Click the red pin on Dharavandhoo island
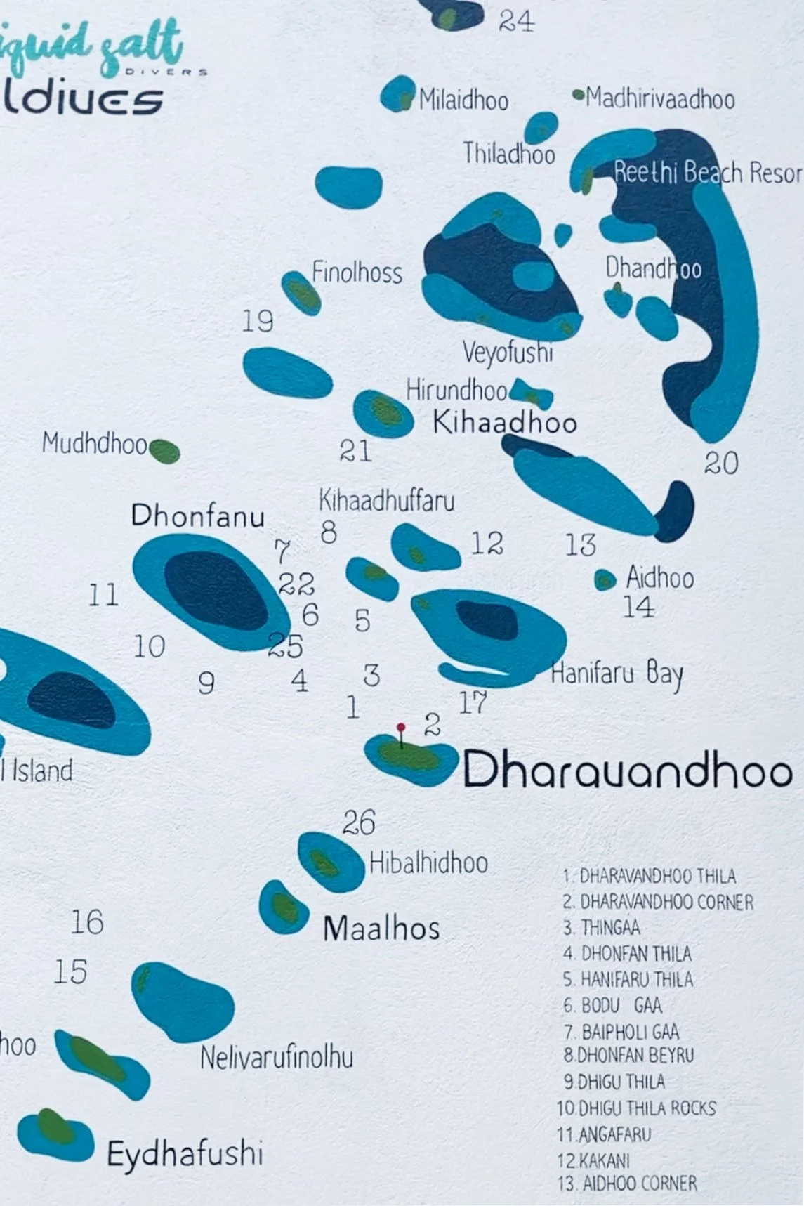(x=400, y=728)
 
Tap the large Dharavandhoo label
(x=627, y=770)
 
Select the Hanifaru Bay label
(x=617, y=674)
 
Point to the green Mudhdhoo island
(x=164, y=451)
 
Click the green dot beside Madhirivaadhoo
(x=579, y=94)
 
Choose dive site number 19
(x=258, y=322)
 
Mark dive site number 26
(x=359, y=822)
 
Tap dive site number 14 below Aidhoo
(x=638, y=607)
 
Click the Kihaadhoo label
(x=504, y=423)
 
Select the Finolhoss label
(x=357, y=273)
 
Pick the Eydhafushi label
(x=185, y=1153)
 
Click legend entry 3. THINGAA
(x=602, y=928)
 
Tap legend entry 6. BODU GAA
(x=612, y=1006)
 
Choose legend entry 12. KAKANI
(x=594, y=1160)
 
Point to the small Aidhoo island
(x=605, y=580)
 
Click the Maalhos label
(x=381, y=929)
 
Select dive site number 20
(x=721, y=464)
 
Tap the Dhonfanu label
(x=197, y=516)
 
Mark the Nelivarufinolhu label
(x=277, y=1057)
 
